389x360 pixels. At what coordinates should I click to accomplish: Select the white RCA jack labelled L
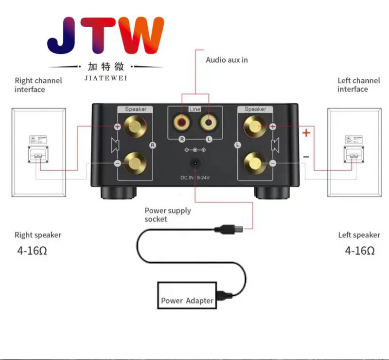click(x=208, y=122)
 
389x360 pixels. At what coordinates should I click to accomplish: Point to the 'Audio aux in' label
click(x=227, y=60)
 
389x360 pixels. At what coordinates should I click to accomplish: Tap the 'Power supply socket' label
click(x=167, y=215)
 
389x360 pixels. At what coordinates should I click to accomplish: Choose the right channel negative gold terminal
click(x=135, y=162)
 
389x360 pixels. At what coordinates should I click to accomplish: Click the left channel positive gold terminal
click(x=255, y=126)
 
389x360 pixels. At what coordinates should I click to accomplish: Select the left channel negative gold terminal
click(x=255, y=162)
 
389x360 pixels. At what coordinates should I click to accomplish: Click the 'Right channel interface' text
click(x=38, y=85)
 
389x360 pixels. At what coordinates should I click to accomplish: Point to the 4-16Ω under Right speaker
click(x=34, y=251)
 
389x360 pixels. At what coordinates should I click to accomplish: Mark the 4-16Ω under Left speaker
click(x=359, y=251)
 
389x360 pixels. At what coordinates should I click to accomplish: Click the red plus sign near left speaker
click(x=306, y=133)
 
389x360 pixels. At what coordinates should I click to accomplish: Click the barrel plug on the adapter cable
click(x=227, y=227)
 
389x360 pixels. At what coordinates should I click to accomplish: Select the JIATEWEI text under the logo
click(x=106, y=77)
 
